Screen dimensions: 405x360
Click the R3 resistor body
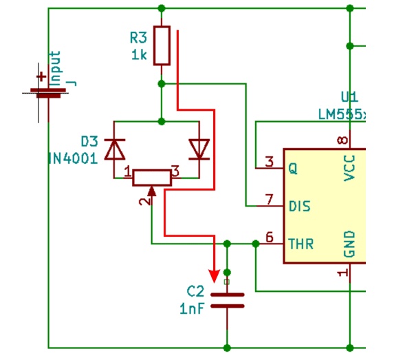click(162, 45)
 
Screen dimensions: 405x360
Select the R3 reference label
click(138, 38)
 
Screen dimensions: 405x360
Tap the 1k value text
click(139, 55)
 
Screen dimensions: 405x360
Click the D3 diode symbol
click(114, 149)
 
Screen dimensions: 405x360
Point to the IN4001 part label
click(73, 158)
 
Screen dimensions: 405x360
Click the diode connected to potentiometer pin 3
click(199, 149)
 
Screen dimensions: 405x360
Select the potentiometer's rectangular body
click(152, 178)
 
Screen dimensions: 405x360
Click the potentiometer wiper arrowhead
click(151, 191)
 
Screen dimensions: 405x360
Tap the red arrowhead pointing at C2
click(214, 276)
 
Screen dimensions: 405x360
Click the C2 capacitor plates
click(228, 300)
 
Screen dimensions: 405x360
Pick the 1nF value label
click(192, 308)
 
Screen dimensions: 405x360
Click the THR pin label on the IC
click(301, 244)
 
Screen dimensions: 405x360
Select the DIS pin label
click(300, 207)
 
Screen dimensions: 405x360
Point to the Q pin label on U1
click(293, 169)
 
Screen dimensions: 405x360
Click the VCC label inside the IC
click(350, 168)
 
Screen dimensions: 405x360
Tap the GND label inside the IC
click(350, 244)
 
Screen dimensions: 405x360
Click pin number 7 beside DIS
click(269, 199)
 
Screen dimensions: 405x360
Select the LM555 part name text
click(342, 114)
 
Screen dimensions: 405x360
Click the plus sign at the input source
click(41, 76)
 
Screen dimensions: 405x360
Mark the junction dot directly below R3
click(162, 84)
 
